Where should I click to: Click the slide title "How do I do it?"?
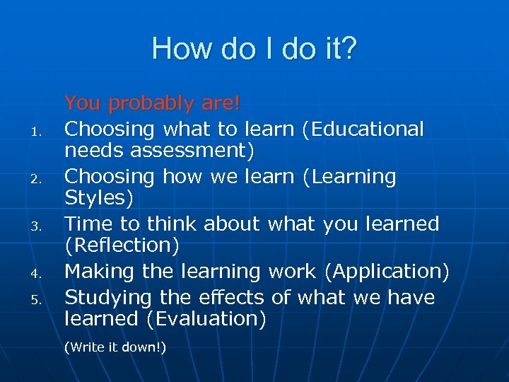(x=255, y=49)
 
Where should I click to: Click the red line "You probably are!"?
(x=153, y=104)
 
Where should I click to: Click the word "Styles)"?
(x=99, y=199)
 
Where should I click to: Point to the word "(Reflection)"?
(x=122, y=246)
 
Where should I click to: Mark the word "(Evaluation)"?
(x=206, y=319)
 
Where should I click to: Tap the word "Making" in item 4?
(x=98, y=271)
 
